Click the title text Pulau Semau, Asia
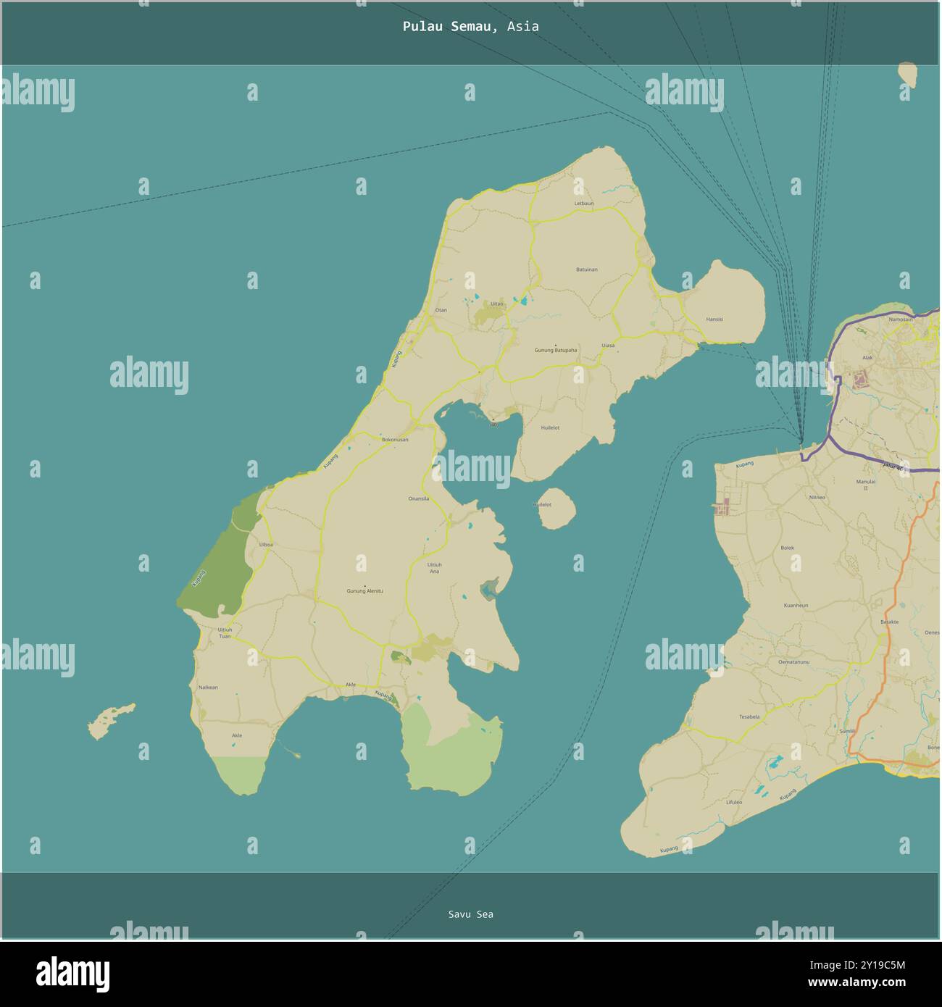pos(470,27)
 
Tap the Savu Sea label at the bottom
pos(470,914)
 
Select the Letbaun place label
pos(584,204)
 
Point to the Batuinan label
pos(587,269)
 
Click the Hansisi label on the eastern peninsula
pos(714,319)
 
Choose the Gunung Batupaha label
pos(556,350)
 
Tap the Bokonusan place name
pos(395,440)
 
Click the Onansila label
pos(419,498)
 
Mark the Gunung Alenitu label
pos(364,591)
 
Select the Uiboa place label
pos(266,544)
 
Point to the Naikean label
pos(208,688)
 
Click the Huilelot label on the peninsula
pos(550,428)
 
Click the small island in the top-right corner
pos(906,75)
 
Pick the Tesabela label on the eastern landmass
pos(749,716)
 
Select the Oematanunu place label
pos(793,661)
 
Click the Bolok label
pos(788,548)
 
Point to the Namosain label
pos(901,319)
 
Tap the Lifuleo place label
pos(734,802)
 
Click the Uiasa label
pos(608,346)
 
